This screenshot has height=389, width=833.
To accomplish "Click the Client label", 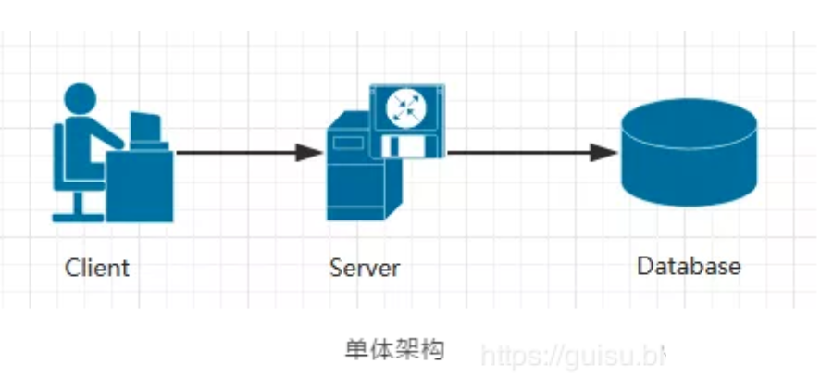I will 97,269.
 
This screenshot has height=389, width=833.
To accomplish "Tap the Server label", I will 365,269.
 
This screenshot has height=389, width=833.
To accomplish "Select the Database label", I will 689,267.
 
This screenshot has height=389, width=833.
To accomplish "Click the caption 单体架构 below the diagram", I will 394,349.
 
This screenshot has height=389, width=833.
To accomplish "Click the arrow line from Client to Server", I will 236,152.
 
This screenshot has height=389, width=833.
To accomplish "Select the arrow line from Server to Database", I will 518,152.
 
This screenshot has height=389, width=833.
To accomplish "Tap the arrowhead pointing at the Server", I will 309,152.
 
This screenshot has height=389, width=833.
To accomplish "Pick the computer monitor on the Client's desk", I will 144,128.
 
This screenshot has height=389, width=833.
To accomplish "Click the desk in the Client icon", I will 139,185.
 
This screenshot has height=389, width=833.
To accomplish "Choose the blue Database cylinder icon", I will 689,153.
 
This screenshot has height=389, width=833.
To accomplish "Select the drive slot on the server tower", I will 349,144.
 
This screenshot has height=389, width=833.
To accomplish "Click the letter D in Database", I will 645,267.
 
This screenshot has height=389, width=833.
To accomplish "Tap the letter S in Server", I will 336,269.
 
